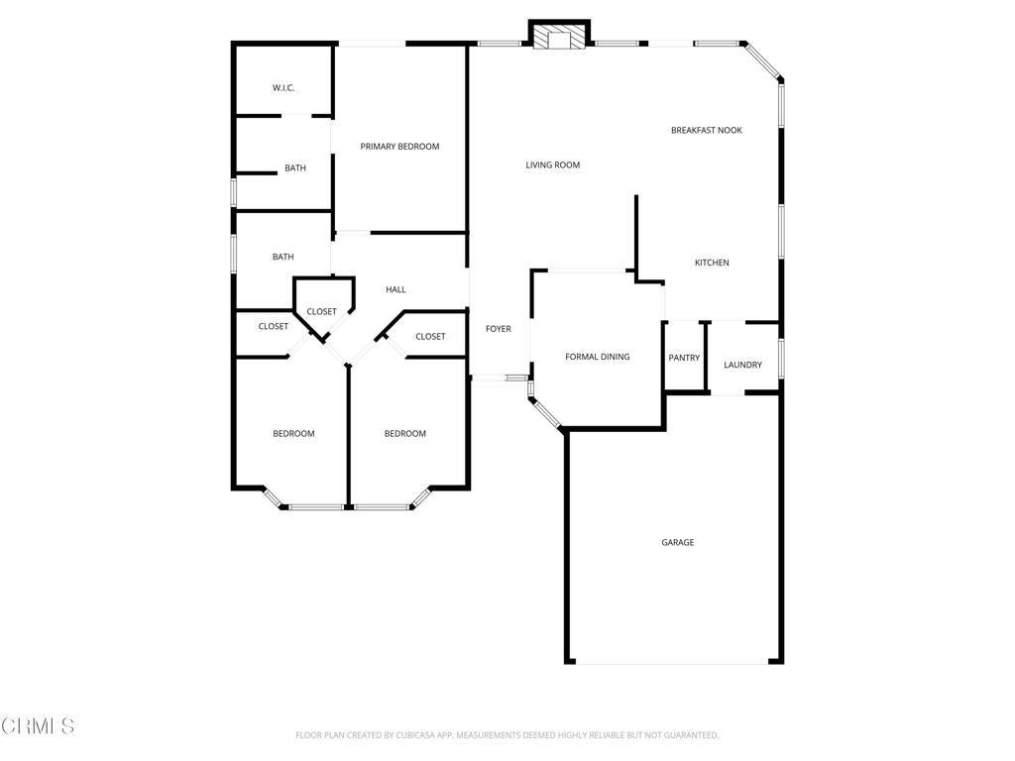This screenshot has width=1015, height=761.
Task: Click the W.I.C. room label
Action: [x=283, y=88]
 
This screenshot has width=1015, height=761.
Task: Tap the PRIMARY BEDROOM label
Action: [x=399, y=147]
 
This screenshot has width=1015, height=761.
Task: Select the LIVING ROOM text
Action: [x=552, y=165]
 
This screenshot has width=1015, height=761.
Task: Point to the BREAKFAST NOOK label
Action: [x=706, y=131]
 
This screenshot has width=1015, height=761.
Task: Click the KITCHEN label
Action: [x=711, y=263]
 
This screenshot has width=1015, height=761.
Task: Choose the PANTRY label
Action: [x=684, y=358]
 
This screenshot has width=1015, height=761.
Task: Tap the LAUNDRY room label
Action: [x=742, y=365]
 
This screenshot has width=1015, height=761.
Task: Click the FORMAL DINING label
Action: [x=597, y=357]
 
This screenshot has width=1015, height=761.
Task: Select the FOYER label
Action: [x=498, y=329]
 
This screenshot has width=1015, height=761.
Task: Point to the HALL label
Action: [x=395, y=289]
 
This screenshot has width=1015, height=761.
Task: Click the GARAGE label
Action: [x=678, y=542]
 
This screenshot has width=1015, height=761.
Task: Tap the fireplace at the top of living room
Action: [x=559, y=39]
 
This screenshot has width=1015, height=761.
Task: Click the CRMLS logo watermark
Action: [x=38, y=726]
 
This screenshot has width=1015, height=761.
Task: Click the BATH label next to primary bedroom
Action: [x=295, y=168]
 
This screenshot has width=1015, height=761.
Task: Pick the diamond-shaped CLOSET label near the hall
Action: [x=321, y=312]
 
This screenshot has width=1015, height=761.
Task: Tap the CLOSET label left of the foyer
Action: [x=430, y=337]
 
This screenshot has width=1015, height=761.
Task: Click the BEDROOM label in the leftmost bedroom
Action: [x=293, y=434]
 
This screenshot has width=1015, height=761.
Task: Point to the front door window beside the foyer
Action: [x=515, y=378]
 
